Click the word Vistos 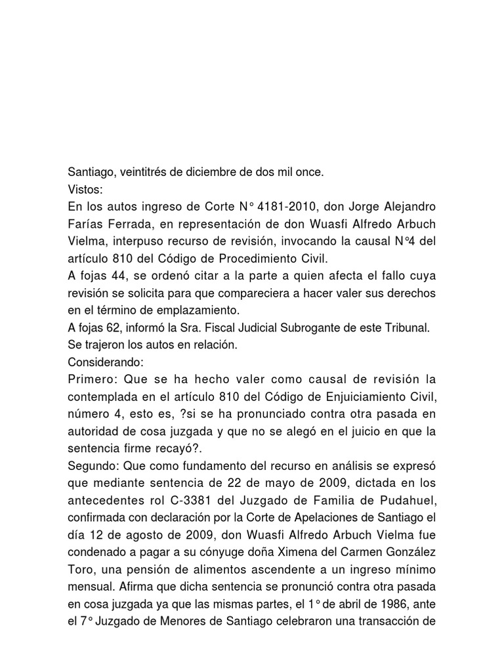click(85, 190)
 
